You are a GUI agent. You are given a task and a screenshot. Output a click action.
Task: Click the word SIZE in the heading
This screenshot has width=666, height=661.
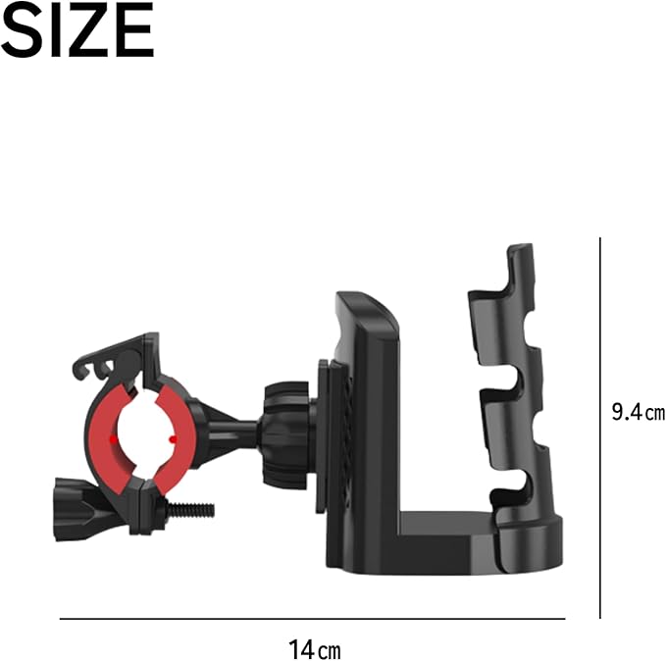[77, 29]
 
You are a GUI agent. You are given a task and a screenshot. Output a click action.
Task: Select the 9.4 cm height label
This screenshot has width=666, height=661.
[638, 412]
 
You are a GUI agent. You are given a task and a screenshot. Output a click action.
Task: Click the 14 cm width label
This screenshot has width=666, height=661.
[314, 649]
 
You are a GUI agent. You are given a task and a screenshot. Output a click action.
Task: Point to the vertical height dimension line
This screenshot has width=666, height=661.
[599, 428]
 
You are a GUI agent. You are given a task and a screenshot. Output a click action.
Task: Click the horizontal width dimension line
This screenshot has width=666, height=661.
[312, 619]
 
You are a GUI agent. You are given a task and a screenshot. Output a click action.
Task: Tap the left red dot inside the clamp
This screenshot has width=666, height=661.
[114, 439]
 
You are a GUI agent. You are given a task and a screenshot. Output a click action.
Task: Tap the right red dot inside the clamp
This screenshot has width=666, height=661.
[173, 439]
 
